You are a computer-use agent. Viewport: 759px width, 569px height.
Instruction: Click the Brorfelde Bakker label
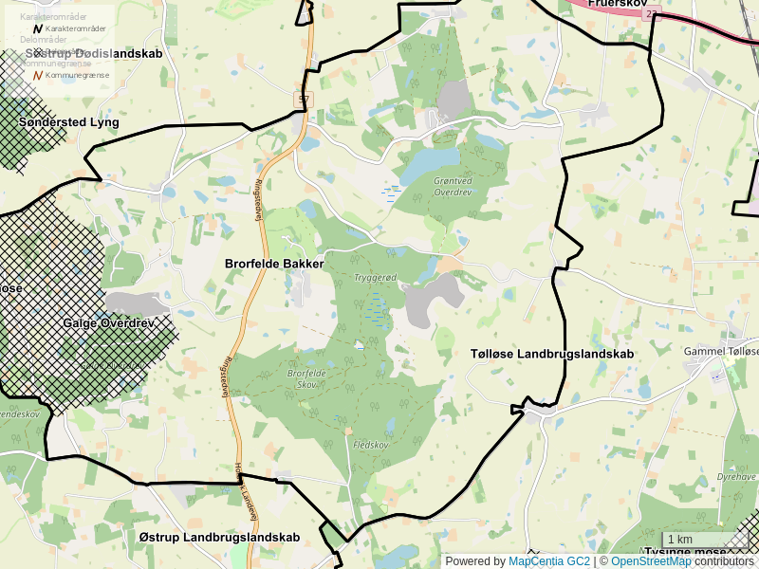coord(274,264)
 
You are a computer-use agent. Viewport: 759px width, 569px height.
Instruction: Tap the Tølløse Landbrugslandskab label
coord(552,354)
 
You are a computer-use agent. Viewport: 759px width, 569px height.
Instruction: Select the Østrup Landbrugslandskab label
coord(219,537)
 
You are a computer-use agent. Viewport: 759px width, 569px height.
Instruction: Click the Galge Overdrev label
coord(108,323)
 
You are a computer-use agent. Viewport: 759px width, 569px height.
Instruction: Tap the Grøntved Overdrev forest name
coord(452,186)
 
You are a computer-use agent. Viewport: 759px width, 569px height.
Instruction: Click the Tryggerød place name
coord(375,278)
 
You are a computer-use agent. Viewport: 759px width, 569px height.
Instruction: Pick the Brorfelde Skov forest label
coord(306,378)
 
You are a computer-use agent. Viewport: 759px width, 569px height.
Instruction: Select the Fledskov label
coord(371,445)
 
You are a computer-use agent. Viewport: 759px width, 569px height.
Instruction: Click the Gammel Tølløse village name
coord(721,351)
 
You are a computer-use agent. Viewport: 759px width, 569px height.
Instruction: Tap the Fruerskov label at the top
coord(617,4)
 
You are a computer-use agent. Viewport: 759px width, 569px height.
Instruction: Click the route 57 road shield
coord(303,99)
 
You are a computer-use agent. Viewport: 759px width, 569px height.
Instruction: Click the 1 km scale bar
coord(705,540)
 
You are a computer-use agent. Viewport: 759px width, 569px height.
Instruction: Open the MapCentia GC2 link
coord(548,561)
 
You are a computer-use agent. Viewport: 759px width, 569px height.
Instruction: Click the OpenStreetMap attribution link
coord(651,561)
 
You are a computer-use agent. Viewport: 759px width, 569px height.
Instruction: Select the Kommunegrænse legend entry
coord(77,74)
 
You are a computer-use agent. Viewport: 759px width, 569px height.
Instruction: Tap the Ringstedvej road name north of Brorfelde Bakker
coord(259,201)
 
